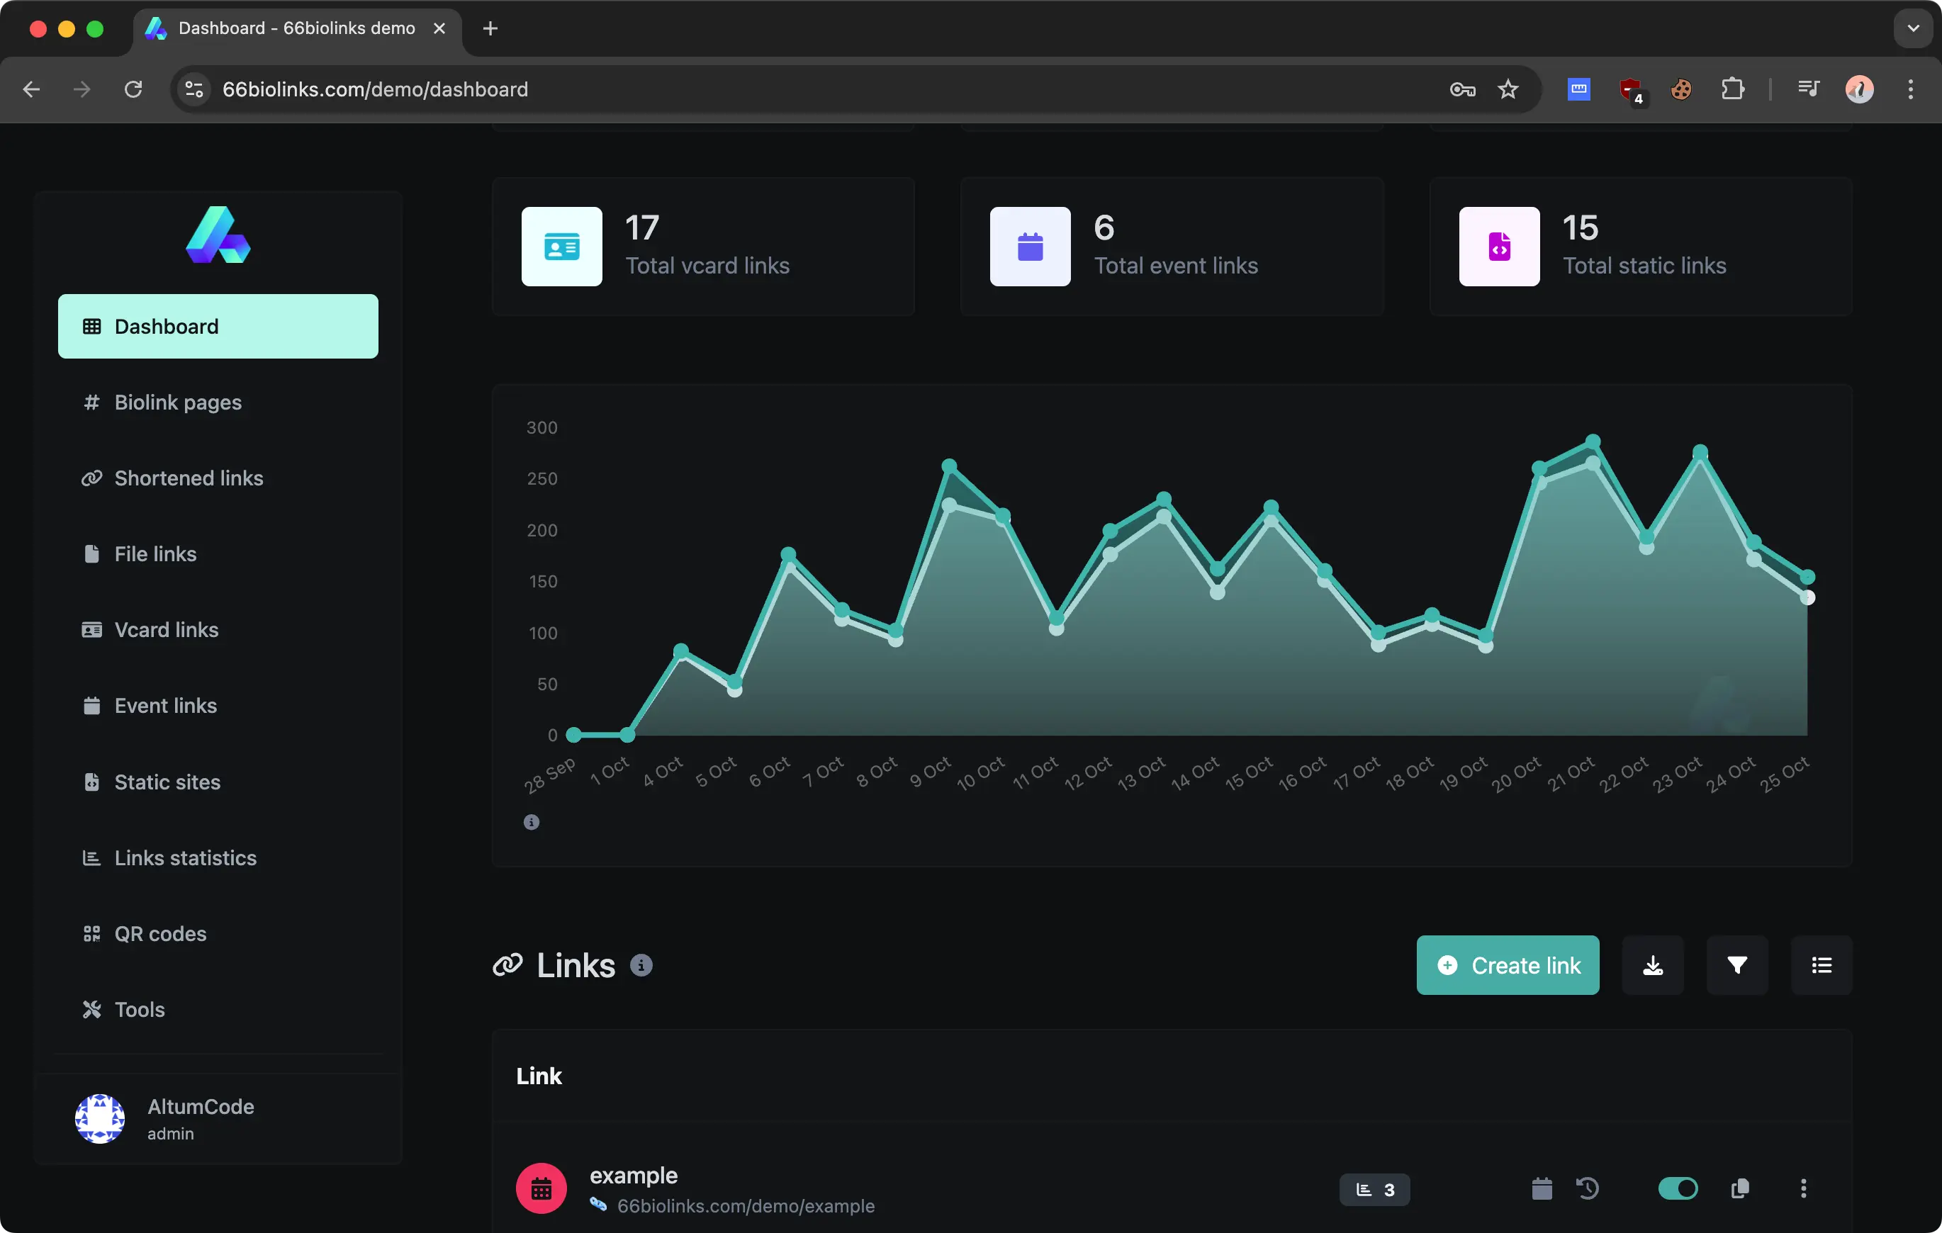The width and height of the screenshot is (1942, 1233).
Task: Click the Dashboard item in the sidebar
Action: pyautogui.click(x=218, y=327)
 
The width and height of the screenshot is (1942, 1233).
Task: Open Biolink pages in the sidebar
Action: pyautogui.click(x=177, y=402)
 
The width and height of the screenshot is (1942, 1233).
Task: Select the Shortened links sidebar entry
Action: pyautogui.click(x=188, y=478)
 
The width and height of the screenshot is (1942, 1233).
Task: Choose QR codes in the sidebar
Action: pyautogui.click(x=159, y=934)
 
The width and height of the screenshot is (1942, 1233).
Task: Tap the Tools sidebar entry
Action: pyautogui.click(x=139, y=1010)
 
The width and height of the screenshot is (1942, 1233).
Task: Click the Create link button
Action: pyautogui.click(x=1508, y=965)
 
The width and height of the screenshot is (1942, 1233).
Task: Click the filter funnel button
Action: pyautogui.click(x=1737, y=965)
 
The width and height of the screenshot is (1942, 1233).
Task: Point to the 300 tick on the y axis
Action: pyautogui.click(x=542, y=427)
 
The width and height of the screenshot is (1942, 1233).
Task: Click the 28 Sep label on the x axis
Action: pyautogui.click(x=550, y=775)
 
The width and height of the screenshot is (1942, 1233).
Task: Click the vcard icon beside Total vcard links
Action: pyautogui.click(x=561, y=247)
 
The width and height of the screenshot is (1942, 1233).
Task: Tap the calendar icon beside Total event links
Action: pyautogui.click(x=1030, y=247)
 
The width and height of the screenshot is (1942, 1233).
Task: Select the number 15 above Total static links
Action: pyautogui.click(x=1580, y=228)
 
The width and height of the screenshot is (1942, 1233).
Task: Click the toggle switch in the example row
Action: pyautogui.click(x=1678, y=1188)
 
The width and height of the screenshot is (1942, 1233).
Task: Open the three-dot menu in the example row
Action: pyautogui.click(x=1803, y=1188)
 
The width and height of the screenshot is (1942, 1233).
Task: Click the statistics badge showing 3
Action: pyautogui.click(x=1374, y=1190)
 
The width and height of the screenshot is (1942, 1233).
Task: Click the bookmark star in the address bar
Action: pyautogui.click(x=1508, y=89)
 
